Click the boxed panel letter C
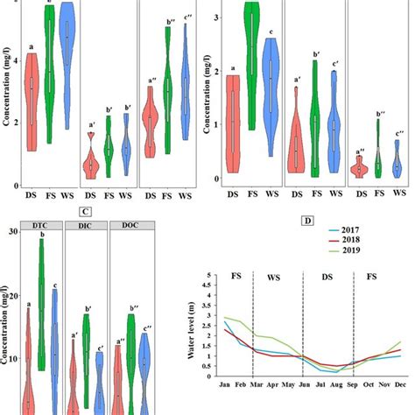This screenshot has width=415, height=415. [x=86, y=211]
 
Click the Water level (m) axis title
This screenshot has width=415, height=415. [x=190, y=327]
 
